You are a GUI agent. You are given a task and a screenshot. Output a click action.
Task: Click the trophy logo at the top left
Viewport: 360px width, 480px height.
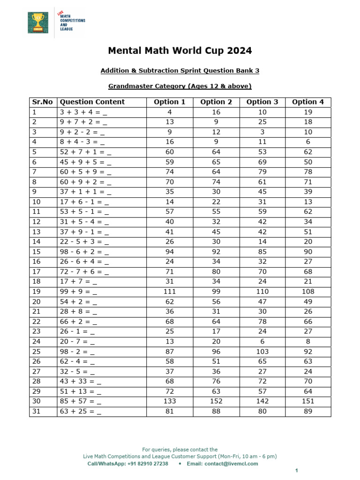point(37,22)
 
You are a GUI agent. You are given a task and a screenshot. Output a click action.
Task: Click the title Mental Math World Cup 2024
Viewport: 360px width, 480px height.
point(180,51)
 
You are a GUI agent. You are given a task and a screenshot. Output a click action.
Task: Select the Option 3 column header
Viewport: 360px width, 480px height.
point(262,102)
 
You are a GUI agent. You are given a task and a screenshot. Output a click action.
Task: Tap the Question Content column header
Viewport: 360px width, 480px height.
point(92,102)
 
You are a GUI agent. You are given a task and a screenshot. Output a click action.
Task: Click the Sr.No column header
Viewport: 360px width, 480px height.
point(43,102)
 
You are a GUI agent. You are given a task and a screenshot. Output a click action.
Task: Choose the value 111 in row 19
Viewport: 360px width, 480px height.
point(170,291)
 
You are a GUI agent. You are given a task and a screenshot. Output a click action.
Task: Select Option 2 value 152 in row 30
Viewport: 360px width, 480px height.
point(216,401)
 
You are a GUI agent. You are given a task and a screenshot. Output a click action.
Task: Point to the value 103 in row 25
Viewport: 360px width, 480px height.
point(262,352)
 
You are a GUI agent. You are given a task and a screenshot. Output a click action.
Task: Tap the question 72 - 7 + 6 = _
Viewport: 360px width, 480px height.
point(85,271)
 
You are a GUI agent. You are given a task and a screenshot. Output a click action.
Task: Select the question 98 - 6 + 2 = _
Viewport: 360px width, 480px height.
point(85,251)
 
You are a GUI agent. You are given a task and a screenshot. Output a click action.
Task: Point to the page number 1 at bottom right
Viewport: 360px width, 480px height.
point(296,470)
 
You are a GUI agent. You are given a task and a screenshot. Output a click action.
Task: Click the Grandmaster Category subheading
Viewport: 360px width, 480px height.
point(180,86)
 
